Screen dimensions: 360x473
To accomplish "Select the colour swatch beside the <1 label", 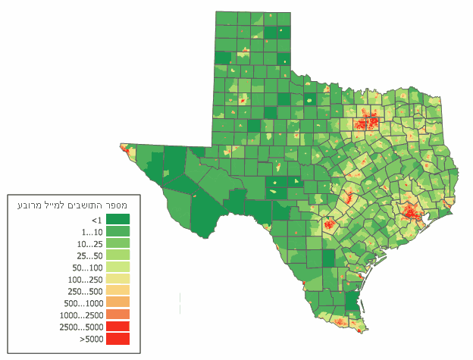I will coord(117,219).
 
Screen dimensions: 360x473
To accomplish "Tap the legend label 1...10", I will coord(92,231).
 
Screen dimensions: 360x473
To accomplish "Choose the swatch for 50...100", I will coord(117,268).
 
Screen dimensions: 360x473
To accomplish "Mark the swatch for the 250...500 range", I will coord(117,291).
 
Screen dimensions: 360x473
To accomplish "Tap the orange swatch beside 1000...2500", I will coord(117,315).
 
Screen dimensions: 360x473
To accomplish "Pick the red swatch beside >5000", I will coord(117,339).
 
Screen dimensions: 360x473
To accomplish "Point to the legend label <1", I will coord(96,219).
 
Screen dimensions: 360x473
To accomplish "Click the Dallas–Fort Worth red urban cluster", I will coord(368,121).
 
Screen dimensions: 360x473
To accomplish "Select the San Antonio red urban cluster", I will coord(330,224).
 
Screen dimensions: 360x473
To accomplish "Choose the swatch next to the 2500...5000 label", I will coord(117,327).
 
